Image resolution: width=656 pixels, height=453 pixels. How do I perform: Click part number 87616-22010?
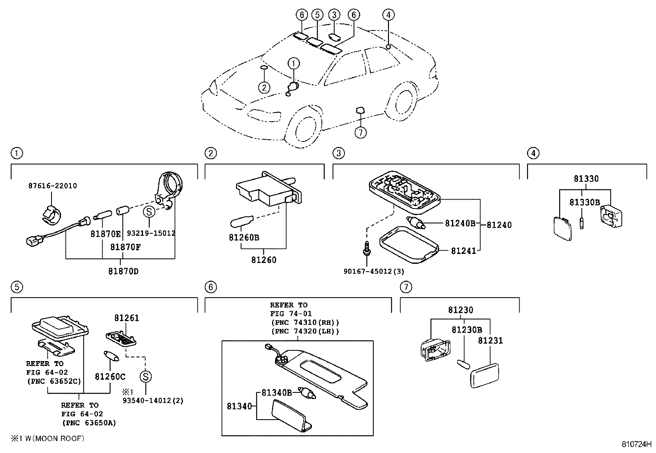[x=52, y=186]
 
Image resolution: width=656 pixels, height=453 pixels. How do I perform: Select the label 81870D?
[x=123, y=271]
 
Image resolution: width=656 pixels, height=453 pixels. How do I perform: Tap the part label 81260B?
[x=244, y=238]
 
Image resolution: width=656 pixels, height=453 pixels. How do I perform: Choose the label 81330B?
[x=584, y=202]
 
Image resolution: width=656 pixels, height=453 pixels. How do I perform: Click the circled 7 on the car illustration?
[x=360, y=132]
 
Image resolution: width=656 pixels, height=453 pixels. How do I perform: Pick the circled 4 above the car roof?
[x=388, y=15]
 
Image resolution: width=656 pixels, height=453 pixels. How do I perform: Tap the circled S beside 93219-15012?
[x=148, y=212]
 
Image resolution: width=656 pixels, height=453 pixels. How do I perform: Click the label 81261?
[x=127, y=318]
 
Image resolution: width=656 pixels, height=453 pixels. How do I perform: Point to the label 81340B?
[x=277, y=393]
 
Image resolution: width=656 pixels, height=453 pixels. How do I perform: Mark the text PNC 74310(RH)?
[x=305, y=322]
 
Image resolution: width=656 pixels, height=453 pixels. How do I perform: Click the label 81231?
[x=490, y=340]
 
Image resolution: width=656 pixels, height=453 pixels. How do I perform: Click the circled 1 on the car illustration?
[x=293, y=63]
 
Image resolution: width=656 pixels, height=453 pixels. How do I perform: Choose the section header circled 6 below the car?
[x=210, y=287]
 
